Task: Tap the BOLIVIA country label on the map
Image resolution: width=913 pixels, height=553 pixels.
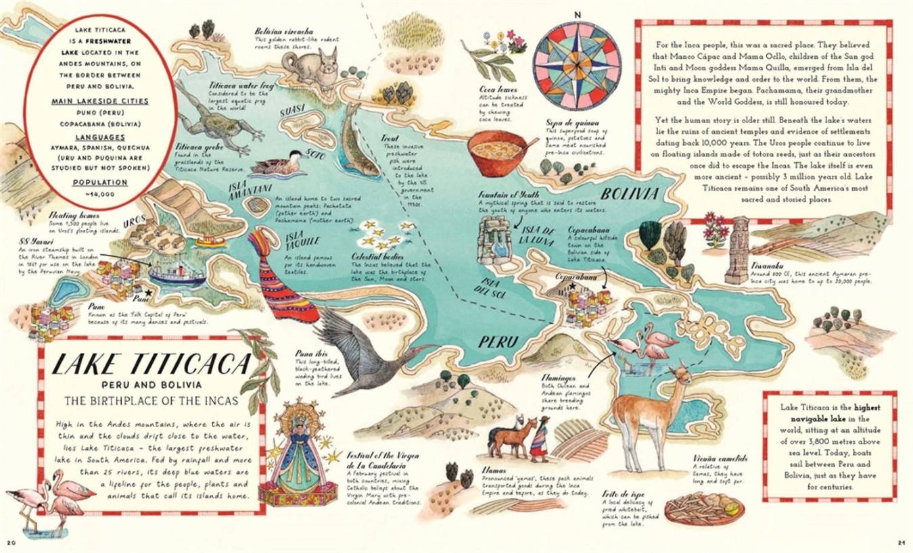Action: click(630, 194)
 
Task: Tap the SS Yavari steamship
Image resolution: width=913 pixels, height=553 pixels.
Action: click(177, 273)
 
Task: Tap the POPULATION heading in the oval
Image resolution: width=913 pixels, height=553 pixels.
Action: click(100, 182)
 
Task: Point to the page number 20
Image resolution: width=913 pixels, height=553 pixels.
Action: click(11, 542)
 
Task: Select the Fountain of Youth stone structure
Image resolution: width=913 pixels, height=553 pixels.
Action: click(496, 240)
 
